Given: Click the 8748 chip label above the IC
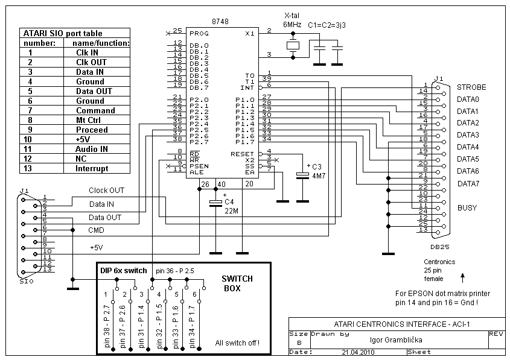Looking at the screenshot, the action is pos(220,22).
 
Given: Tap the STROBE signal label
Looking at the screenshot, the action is pos(471,87).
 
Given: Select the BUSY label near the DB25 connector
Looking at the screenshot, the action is pos(467,208).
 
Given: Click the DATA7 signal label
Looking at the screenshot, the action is pos(468,184).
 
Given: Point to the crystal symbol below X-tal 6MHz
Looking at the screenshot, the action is pos(293,45).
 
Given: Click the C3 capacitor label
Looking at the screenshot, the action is pos(316,167).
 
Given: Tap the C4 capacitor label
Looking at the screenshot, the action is pos(229,202).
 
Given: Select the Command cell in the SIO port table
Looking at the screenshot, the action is pos(95,111).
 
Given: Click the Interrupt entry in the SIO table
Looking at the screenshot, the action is pos(92,169).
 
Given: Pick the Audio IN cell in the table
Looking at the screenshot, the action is pos(91,150).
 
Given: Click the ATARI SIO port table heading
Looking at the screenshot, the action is pos(63,33).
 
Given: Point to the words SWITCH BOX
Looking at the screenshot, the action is pos(237,283).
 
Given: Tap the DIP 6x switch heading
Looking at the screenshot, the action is pos(124,271).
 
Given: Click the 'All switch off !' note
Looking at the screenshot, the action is pos(237,343).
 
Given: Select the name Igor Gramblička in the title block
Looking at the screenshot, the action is pos(396,340).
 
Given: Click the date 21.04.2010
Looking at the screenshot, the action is pos(358,352).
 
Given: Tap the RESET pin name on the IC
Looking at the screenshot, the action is pos(242,154).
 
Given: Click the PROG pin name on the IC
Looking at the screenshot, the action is pos(199,33).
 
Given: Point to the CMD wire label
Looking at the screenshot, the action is pos(97,230).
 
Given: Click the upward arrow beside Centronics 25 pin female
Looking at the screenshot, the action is pos(462,278).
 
